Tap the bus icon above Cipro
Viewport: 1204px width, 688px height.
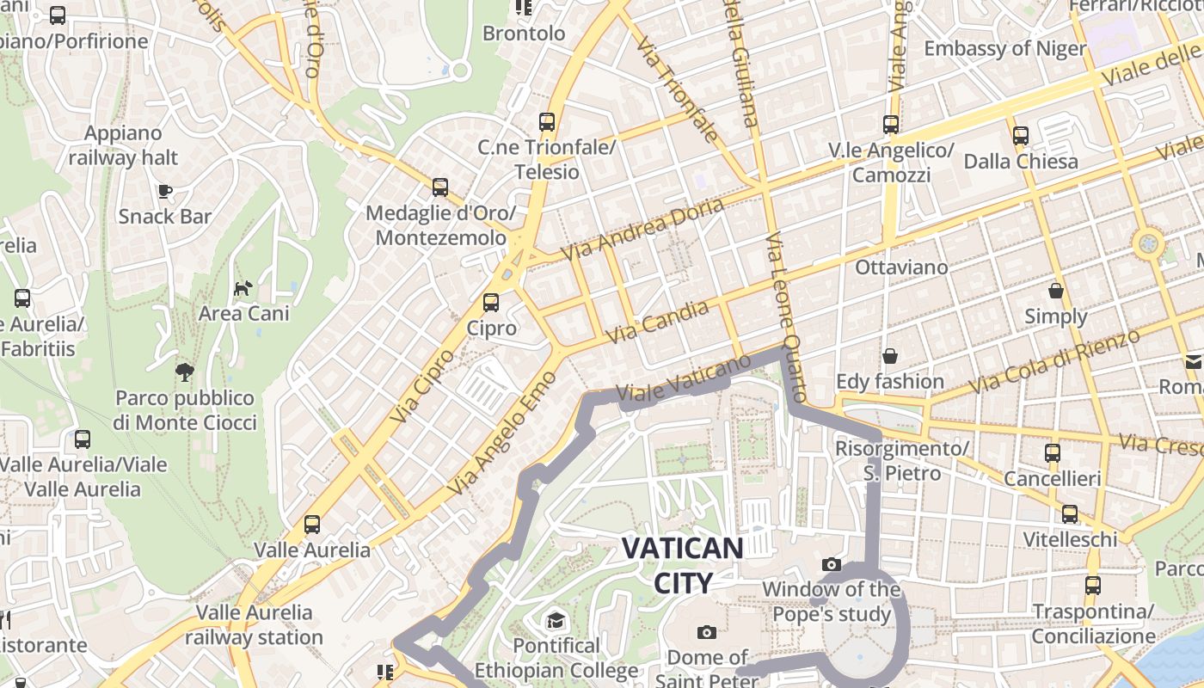pos(490,303)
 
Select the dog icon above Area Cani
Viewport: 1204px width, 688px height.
pos(243,287)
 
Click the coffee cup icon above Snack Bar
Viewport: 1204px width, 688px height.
pos(165,191)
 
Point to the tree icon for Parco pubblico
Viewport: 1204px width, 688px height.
pos(185,372)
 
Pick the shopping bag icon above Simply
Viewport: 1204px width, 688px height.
pos(1056,292)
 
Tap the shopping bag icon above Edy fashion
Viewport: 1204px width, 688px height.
pos(890,356)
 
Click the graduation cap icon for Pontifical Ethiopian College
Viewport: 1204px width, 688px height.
pos(556,620)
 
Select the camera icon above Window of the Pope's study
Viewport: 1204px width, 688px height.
pos(831,564)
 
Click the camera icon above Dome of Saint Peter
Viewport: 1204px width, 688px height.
pos(706,633)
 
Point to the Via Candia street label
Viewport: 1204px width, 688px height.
pos(658,322)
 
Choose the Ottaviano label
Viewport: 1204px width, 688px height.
pos(901,267)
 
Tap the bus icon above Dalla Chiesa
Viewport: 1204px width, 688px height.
pos(1021,136)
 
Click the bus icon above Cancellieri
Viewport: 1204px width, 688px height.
pos(1052,453)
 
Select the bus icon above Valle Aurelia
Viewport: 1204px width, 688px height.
pos(312,525)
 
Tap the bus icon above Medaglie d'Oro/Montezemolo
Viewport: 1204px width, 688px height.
pos(440,187)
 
